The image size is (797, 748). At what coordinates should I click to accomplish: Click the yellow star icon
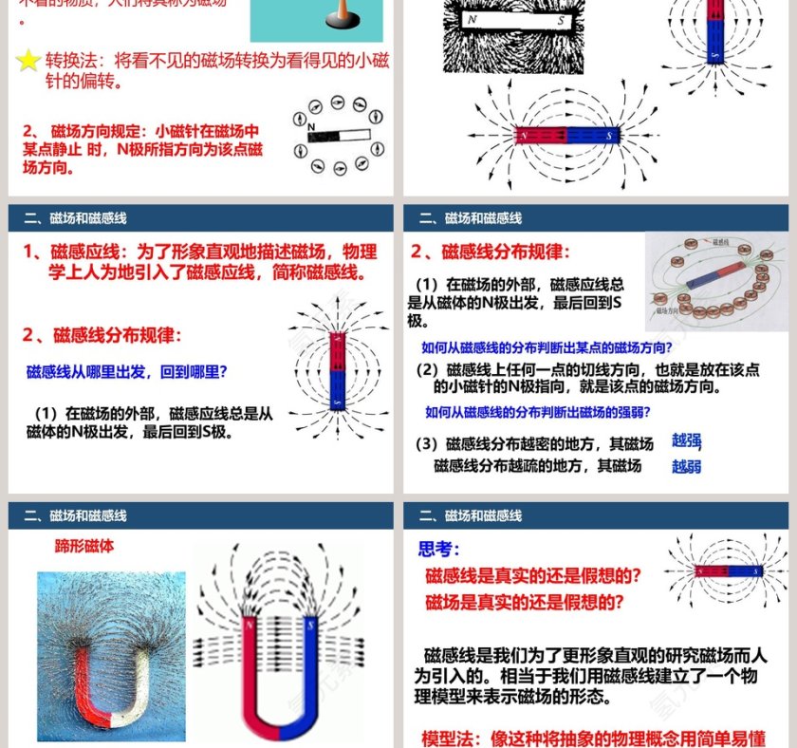pyautogui.click(x=29, y=61)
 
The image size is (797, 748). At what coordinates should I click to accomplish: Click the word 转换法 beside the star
pyautogui.click(x=74, y=61)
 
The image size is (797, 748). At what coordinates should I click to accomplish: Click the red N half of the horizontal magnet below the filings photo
pyautogui.click(x=540, y=135)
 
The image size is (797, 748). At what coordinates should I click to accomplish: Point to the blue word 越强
pyautogui.click(x=686, y=440)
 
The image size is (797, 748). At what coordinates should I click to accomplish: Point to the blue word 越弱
pyautogui.click(x=686, y=466)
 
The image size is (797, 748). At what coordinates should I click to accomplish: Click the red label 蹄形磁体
pyautogui.click(x=84, y=547)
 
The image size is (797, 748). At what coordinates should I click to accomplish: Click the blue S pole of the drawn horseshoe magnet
pyautogui.click(x=310, y=664)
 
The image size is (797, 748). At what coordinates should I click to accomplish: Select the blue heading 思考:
pyautogui.click(x=439, y=549)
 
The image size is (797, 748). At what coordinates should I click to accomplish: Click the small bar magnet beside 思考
pyautogui.click(x=728, y=571)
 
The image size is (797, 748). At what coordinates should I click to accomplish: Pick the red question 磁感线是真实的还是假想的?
pyautogui.click(x=532, y=575)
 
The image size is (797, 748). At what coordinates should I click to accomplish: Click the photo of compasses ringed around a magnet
pyautogui.click(x=716, y=282)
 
